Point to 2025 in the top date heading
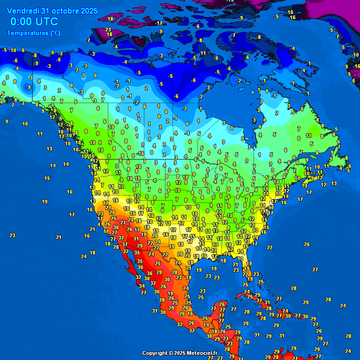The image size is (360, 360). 89,11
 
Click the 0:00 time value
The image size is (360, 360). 21,22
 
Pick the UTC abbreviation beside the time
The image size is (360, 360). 47,22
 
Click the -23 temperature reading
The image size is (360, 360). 108,30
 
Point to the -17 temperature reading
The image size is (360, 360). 159,22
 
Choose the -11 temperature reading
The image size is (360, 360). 202,53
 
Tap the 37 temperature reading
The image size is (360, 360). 125,244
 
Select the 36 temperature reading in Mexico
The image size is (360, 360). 150,273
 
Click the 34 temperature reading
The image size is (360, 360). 142,286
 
